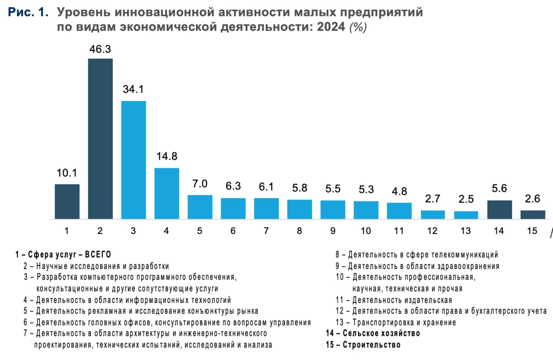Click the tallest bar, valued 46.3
(100, 138)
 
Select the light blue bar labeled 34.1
(133, 160)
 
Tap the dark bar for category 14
(499, 210)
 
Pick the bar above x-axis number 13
(466, 215)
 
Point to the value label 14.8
(167, 156)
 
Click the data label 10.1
(67, 173)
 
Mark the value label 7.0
(200, 184)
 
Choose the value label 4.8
(399, 191)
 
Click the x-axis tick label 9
(333, 231)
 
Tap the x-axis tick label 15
(532, 231)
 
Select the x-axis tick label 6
(233, 231)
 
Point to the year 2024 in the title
(331, 28)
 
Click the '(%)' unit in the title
(358, 28)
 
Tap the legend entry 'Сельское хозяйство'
(373, 333)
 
